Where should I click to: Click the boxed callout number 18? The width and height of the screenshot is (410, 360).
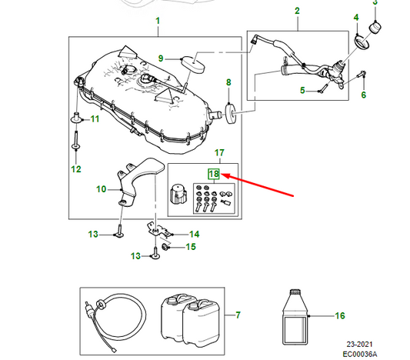click(x=214, y=174)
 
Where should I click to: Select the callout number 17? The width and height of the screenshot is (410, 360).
click(x=219, y=152)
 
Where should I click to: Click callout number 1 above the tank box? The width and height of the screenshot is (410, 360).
click(x=158, y=21)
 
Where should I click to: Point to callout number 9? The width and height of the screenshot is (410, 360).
click(x=161, y=58)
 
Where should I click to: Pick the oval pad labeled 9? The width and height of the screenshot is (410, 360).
click(x=193, y=65)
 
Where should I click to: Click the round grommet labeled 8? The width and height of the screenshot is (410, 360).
click(x=231, y=113)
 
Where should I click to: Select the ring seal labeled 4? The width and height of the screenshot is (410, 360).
click(x=362, y=42)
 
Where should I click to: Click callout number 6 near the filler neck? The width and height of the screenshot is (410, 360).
click(x=363, y=95)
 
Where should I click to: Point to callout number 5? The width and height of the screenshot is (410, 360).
click(x=302, y=91)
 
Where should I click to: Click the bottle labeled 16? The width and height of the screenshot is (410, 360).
click(x=295, y=317)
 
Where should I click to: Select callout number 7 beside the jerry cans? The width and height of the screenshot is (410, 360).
click(x=238, y=315)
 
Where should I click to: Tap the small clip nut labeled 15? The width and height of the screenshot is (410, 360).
click(x=165, y=246)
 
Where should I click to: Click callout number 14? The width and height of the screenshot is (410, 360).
click(x=195, y=235)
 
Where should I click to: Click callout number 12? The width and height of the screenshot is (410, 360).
click(x=76, y=169)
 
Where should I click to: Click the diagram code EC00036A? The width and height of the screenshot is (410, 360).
click(x=360, y=355)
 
